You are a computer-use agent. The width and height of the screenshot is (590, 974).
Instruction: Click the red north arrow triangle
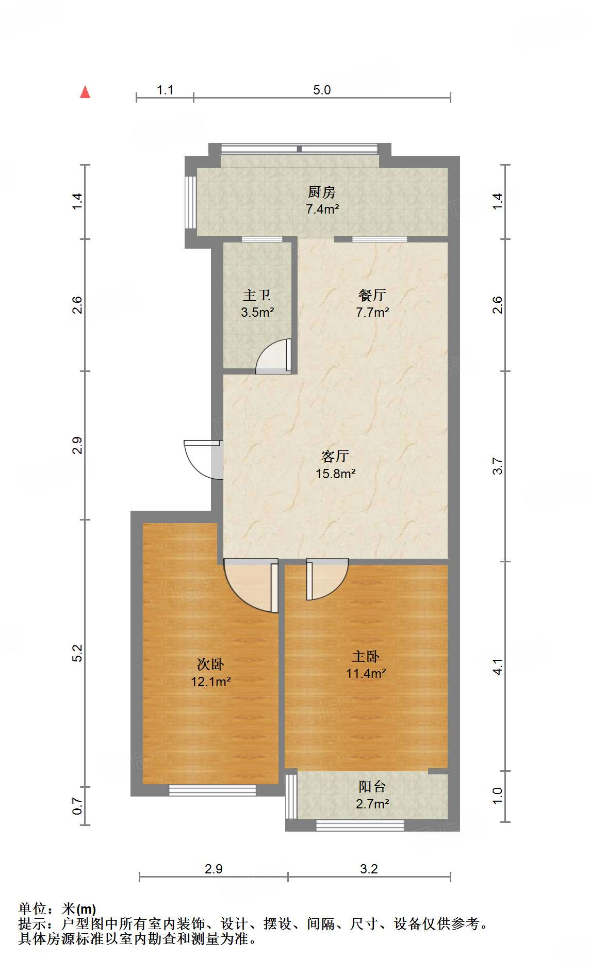point(85,92)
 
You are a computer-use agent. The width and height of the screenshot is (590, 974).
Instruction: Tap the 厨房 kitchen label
point(321,192)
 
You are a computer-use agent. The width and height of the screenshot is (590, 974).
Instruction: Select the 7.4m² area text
point(322,209)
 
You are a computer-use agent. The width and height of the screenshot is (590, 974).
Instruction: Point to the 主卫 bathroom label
point(257,295)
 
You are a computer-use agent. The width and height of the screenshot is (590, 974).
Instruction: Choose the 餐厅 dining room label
point(372,295)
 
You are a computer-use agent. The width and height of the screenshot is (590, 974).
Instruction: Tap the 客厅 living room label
point(335,456)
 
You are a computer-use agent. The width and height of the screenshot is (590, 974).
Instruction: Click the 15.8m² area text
point(335,474)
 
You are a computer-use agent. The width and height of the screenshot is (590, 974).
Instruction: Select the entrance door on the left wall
point(204,459)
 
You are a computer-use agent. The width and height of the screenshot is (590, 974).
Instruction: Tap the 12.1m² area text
point(210,681)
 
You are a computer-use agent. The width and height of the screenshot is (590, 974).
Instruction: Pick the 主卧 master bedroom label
point(366,656)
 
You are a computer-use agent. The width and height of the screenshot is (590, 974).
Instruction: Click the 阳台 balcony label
point(372,787)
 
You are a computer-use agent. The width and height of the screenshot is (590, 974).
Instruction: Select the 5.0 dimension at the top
point(322,90)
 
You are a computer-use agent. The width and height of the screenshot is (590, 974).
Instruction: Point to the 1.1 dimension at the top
point(165,90)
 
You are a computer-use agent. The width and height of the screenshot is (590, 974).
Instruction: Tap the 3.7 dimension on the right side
point(497,466)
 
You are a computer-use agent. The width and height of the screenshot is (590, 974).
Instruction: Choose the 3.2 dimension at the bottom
point(369,869)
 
